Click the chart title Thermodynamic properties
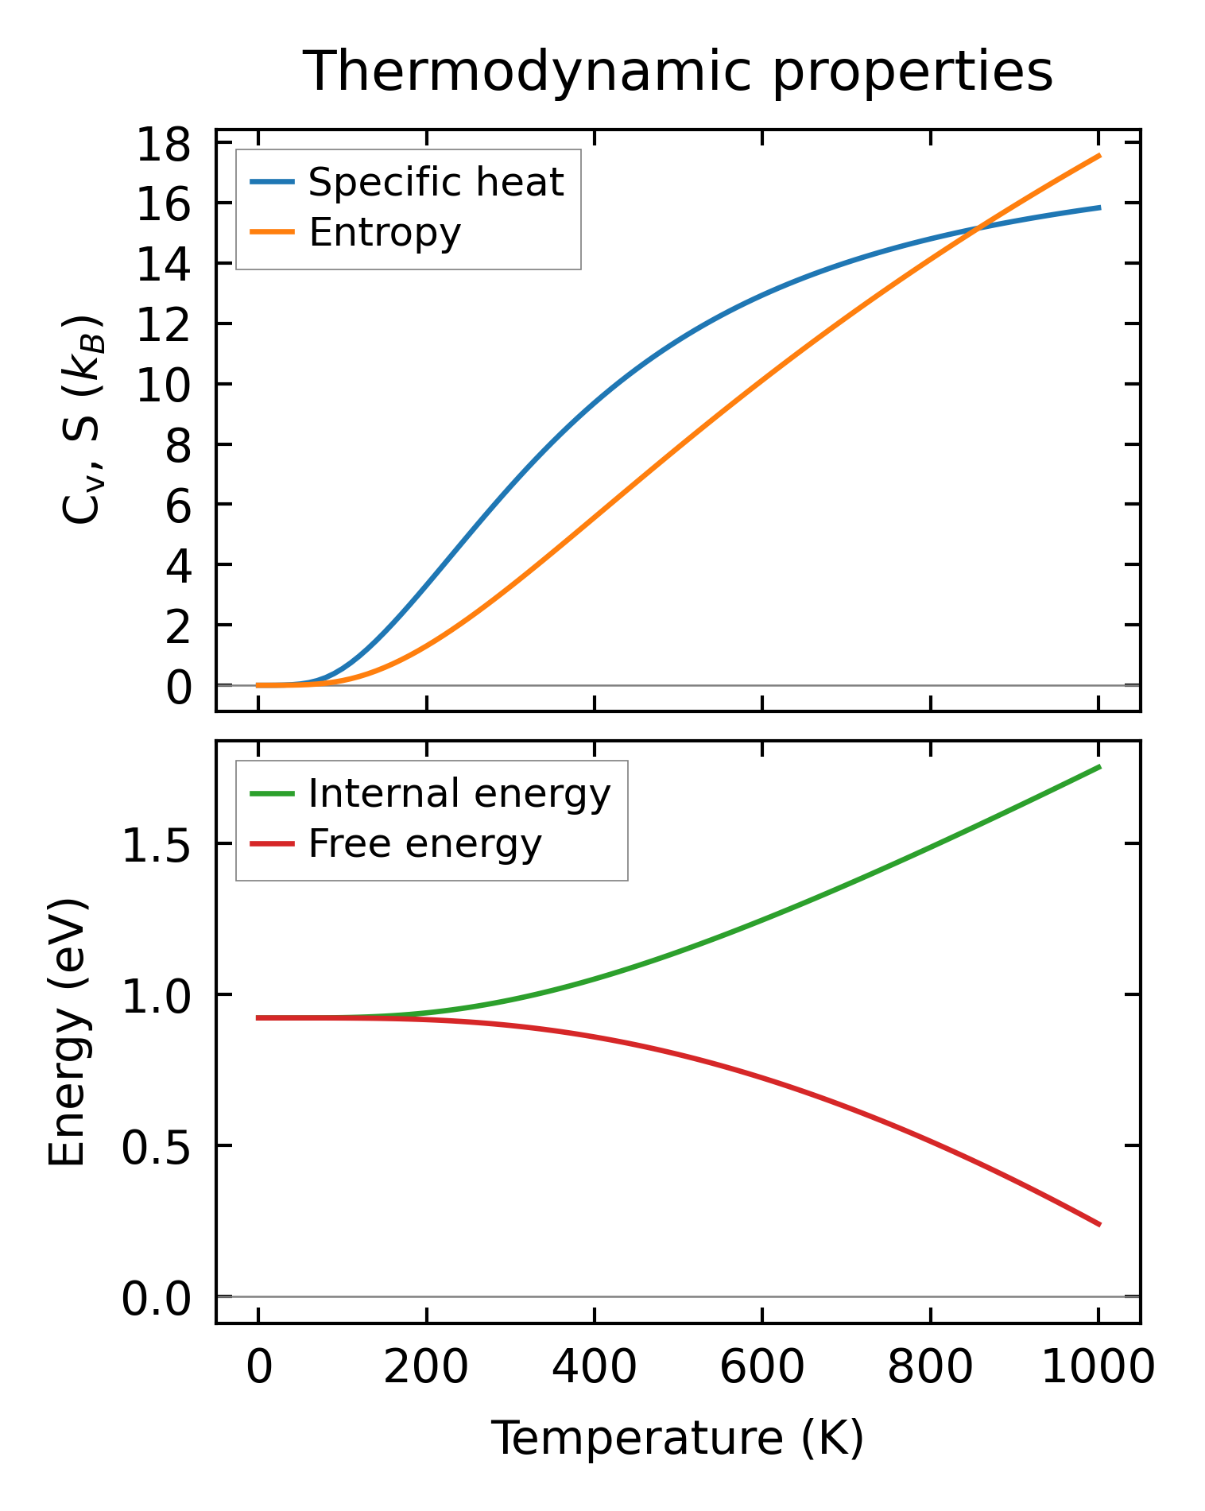point(678,72)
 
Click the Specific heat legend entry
point(436,183)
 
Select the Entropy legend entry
point(385,233)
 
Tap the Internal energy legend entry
point(459,794)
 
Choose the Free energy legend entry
point(424,844)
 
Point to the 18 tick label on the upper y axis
point(164,145)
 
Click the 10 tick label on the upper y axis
point(164,386)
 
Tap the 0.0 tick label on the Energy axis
point(157,1300)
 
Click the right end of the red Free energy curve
point(1099,1225)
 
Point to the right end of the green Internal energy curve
point(1099,766)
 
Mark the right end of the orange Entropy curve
point(1099,156)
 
